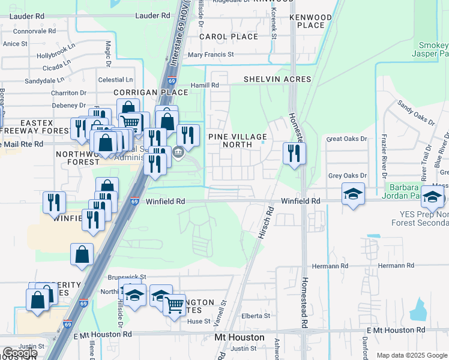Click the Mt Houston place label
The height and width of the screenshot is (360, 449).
(240, 338)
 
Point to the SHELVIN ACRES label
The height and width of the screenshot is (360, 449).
(277, 79)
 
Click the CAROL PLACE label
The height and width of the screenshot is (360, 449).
(228, 37)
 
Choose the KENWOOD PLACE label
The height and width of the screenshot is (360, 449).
(310, 21)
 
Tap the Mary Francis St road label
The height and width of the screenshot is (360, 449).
(211, 55)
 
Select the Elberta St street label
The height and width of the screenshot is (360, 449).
(256, 316)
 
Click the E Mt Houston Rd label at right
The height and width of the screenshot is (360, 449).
(396, 330)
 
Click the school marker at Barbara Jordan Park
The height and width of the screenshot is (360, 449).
(353, 194)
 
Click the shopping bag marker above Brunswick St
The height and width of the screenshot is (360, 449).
(82, 254)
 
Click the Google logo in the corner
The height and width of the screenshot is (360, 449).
(20, 352)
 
